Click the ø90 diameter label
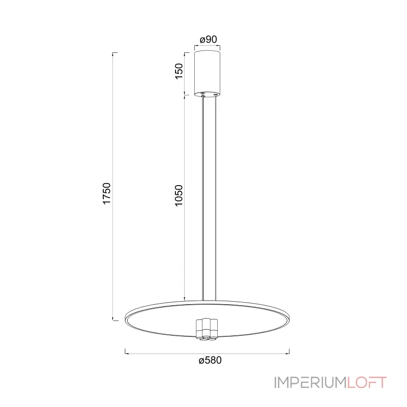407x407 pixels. click(208, 40)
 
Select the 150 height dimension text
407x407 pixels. click(179, 71)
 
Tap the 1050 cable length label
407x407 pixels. click(179, 195)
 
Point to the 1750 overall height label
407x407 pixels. click(107, 194)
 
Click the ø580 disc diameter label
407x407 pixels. click(210, 360)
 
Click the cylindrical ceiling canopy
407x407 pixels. click(208, 73)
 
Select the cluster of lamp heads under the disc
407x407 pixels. click(207, 329)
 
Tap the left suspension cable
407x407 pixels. click(203, 198)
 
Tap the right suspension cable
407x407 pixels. click(216, 198)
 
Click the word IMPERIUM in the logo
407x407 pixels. click(310, 383)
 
